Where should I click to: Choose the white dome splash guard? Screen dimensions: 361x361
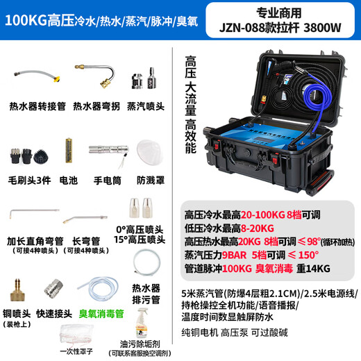tap(149, 149)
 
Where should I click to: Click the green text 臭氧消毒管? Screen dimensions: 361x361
tap(101, 314)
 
